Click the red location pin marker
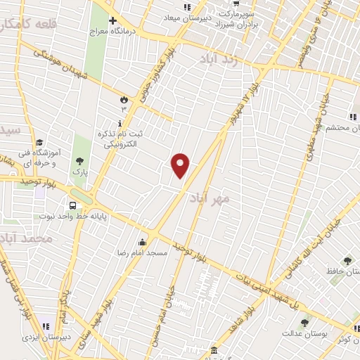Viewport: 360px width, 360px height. pyautogui.click(x=181, y=165)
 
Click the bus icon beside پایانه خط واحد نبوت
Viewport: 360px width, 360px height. pyautogui.click(x=73, y=205)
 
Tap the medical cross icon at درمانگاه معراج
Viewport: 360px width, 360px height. pyautogui.click(x=112, y=20)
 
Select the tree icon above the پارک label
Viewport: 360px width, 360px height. pyautogui.click(x=78, y=161)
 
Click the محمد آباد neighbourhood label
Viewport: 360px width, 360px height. pyautogui.click(x=27, y=238)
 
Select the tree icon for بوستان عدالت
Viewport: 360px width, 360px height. pyautogui.click(x=304, y=322)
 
